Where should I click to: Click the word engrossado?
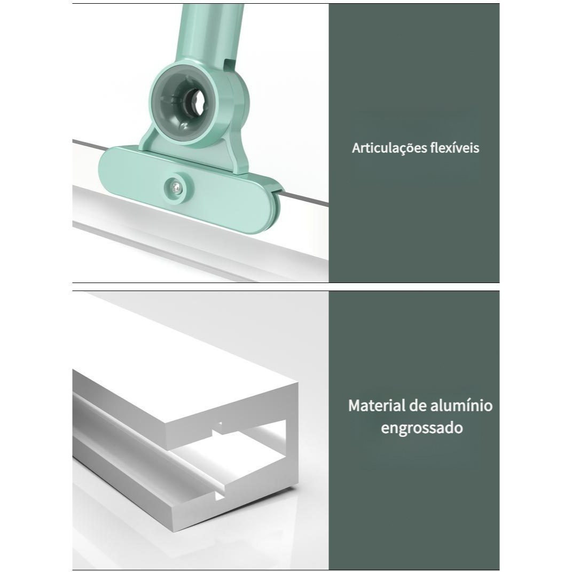click(422, 428)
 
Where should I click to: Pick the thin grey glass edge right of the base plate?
click(307, 199)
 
